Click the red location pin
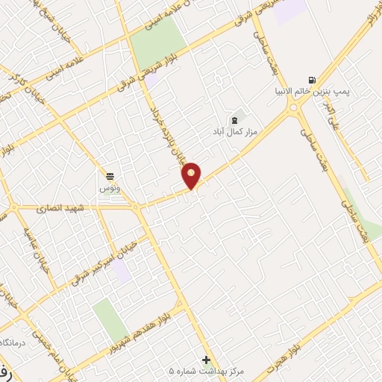click(x=192, y=175)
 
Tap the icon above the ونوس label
click(x=110, y=176)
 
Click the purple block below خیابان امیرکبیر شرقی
click(x=122, y=273)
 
